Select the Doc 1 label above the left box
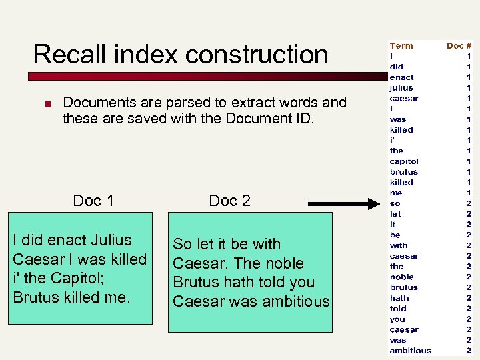coord(93,201)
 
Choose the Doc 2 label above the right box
coord(229,201)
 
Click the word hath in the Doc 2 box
coord(250,282)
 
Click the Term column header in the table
coord(401,46)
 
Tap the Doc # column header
coord(459,46)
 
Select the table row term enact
coord(401,77)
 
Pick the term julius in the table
coord(401,88)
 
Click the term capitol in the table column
coord(404,161)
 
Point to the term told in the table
coord(398,309)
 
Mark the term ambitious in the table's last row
coord(410,351)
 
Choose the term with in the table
coord(399,245)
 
